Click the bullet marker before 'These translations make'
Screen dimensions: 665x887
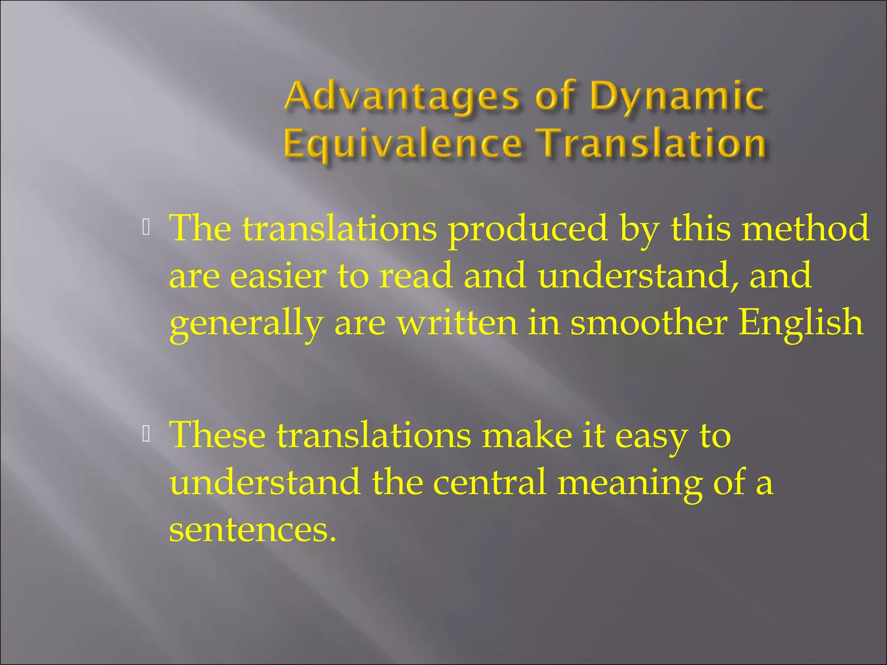(x=146, y=434)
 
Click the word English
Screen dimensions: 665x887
(x=801, y=325)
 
